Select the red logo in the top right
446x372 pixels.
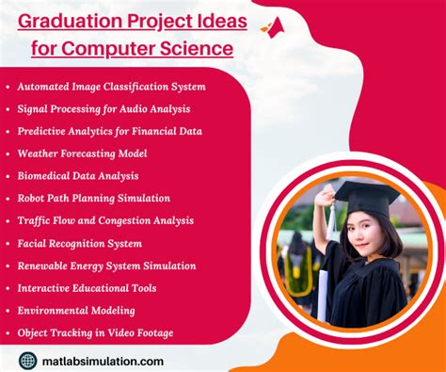coord(273,26)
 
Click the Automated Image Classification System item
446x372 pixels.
coord(111,87)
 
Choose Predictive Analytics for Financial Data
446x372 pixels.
coord(109,131)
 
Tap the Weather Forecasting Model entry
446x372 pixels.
coord(82,153)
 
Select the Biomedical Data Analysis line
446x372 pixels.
coord(78,175)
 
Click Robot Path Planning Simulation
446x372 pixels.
coord(93,198)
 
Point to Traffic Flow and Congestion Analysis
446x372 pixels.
coord(105,220)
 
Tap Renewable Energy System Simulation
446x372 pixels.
coord(106,265)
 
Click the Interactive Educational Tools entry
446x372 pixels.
coord(87,287)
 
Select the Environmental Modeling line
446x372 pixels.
coord(76,310)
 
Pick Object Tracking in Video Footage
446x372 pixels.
coord(95,332)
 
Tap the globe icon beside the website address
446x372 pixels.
coord(27,360)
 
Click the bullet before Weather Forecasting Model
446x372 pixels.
coord(8,154)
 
